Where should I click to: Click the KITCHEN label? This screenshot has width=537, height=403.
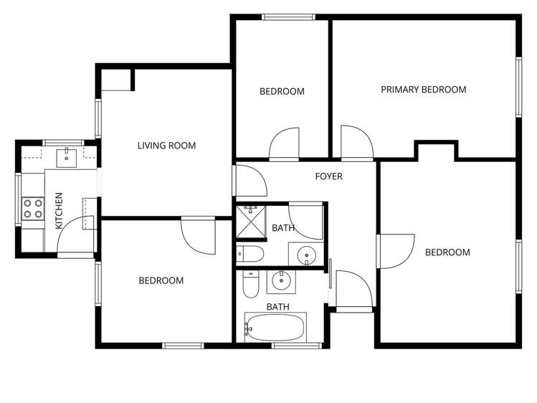(x=59, y=210)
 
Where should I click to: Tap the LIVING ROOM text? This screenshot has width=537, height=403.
(x=166, y=146)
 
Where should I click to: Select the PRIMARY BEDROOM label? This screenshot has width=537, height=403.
(x=423, y=90)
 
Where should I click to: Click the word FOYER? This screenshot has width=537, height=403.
(x=329, y=176)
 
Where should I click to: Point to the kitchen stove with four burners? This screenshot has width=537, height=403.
(x=32, y=208)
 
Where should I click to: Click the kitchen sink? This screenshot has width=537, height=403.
(x=70, y=156)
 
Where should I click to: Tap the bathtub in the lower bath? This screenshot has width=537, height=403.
(x=275, y=328)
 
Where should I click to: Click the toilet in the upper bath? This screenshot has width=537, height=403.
(x=250, y=253)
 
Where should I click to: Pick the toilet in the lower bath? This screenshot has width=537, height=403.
(x=250, y=285)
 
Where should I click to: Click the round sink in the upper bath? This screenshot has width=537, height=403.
(x=307, y=254)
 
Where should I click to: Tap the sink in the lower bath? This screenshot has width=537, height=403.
(x=280, y=281)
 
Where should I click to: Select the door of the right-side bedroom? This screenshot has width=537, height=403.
(x=395, y=251)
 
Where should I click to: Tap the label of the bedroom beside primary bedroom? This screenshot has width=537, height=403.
(x=282, y=92)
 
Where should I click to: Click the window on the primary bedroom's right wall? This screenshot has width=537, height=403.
(x=518, y=86)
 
